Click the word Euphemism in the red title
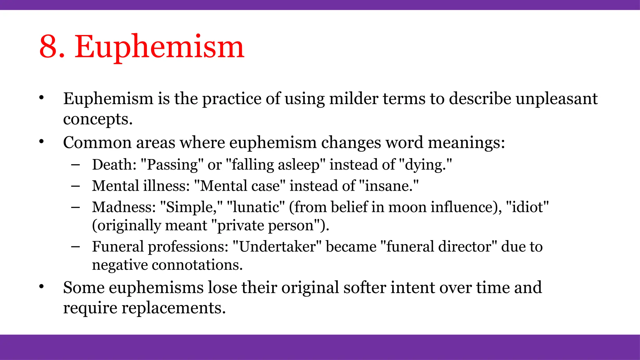(159, 47)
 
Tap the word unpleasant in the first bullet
(557, 98)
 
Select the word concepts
(98, 119)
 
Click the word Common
(97, 142)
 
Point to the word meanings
(466, 142)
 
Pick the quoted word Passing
(172, 164)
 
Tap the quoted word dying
(425, 164)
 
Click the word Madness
(124, 207)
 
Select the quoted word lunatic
(256, 207)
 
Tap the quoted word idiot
(527, 207)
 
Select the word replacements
(173, 308)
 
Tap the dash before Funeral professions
(75, 247)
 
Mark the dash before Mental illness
(75, 186)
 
